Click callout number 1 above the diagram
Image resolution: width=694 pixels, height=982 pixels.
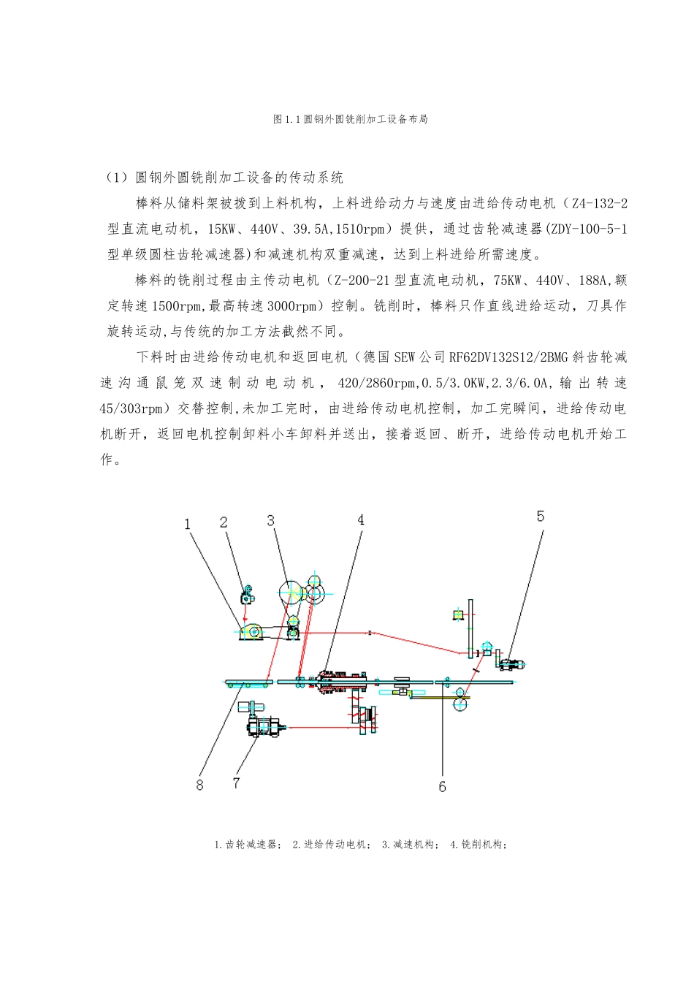pyautogui.click(x=188, y=524)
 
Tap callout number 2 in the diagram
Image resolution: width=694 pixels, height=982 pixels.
pyautogui.click(x=224, y=522)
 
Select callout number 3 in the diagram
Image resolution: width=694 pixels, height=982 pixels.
pyautogui.click(x=271, y=521)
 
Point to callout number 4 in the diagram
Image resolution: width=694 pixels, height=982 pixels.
pyautogui.click(x=361, y=520)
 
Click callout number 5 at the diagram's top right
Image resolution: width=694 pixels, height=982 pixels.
pyautogui.click(x=541, y=517)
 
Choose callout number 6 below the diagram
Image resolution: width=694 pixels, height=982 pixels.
pyautogui.click(x=442, y=787)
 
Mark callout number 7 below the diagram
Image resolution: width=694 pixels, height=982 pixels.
pyautogui.click(x=236, y=783)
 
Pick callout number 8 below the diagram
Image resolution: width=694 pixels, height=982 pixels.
pyautogui.click(x=199, y=785)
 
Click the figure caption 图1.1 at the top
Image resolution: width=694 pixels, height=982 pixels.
pyautogui.click(x=350, y=119)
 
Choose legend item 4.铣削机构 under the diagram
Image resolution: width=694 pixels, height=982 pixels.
pyautogui.click(x=478, y=845)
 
